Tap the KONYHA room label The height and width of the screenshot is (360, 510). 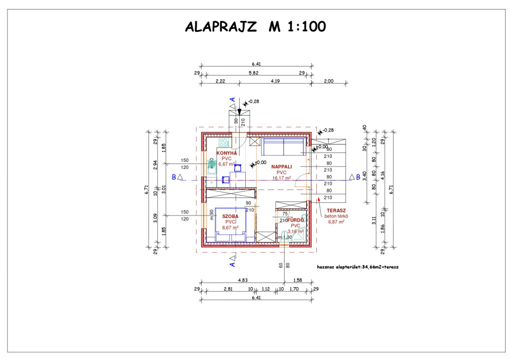pos(226,153)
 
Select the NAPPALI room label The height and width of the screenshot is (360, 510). pos(282,166)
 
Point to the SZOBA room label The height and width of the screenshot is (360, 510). pos(230,216)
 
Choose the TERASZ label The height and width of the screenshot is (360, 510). pos(336,210)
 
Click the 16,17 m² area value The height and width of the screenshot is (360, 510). pos(282,177)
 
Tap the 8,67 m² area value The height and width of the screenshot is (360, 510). pos(230,227)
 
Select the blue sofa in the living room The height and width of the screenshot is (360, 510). pos(284,146)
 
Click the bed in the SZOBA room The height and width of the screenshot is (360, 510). pos(231,225)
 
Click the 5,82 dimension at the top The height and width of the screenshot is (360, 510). pos(256,73)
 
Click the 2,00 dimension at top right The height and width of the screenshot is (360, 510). pos(329,80)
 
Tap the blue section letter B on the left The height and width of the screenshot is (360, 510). pos(173,176)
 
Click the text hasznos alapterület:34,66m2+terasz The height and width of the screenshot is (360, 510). pos(358,267)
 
